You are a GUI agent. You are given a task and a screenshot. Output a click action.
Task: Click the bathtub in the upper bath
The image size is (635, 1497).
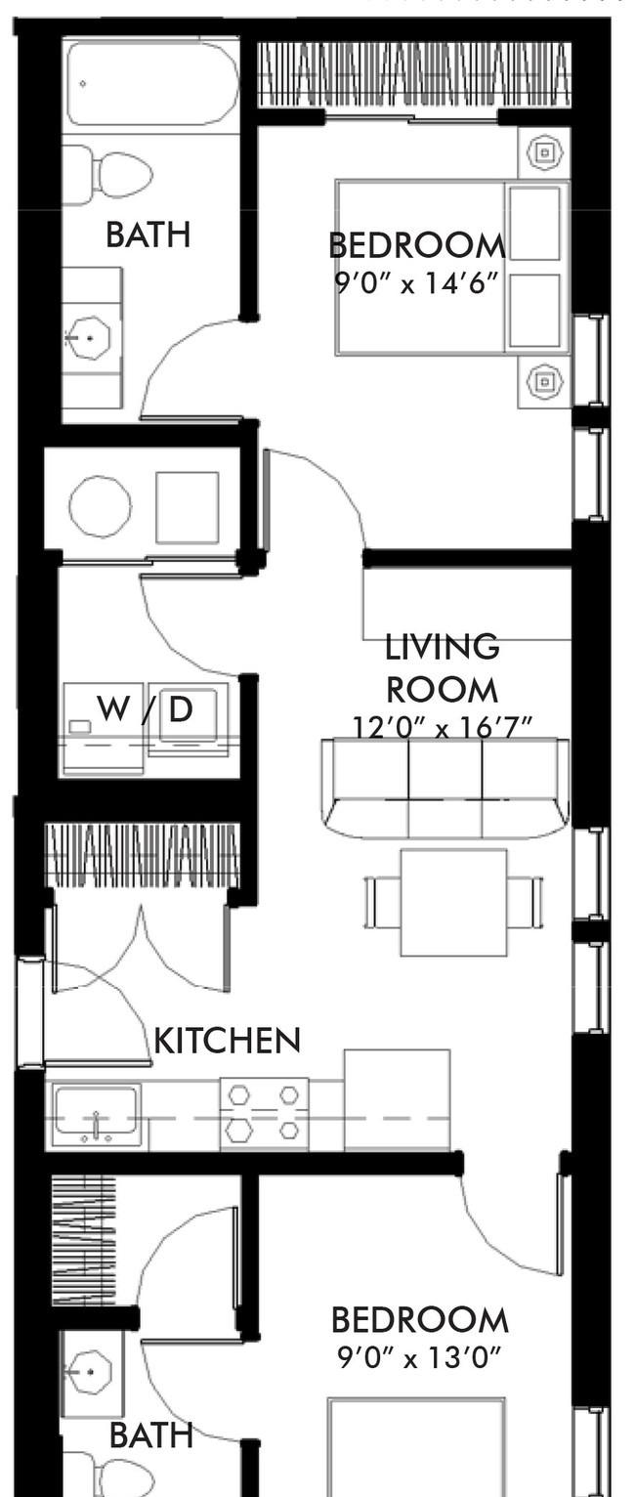(x=151, y=83)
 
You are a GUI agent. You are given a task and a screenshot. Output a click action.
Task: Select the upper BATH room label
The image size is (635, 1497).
(x=148, y=235)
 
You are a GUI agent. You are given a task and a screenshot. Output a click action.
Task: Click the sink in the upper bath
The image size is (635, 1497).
(x=89, y=337)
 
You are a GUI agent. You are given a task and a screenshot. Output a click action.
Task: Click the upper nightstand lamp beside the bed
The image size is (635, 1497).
(x=544, y=153)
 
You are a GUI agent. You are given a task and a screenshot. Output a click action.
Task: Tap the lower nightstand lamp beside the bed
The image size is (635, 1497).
(x=544, y=382)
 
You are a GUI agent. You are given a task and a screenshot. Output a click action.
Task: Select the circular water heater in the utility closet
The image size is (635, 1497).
(x=100, y=505)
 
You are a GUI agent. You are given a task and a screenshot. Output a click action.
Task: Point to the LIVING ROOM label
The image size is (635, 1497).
(x=442, y=668)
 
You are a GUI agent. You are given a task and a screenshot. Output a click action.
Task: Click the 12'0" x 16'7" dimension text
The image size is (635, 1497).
(x=442, y=726)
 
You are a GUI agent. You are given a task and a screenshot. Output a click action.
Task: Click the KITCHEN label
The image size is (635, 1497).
(x=228, y=1041)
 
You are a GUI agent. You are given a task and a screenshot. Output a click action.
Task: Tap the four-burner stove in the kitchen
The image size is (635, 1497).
(x=265, y=1114)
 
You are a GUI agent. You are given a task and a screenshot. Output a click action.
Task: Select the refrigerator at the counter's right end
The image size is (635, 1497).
(x=397, y=1100)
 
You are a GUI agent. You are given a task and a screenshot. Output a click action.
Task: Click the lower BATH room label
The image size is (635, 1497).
(x=151, y=1434)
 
